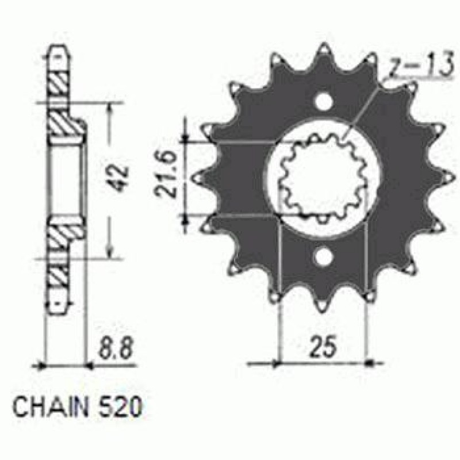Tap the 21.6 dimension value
(166, 178)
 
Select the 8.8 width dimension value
(116, 348)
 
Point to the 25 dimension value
(323, 347)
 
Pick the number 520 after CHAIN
(121, 407)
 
